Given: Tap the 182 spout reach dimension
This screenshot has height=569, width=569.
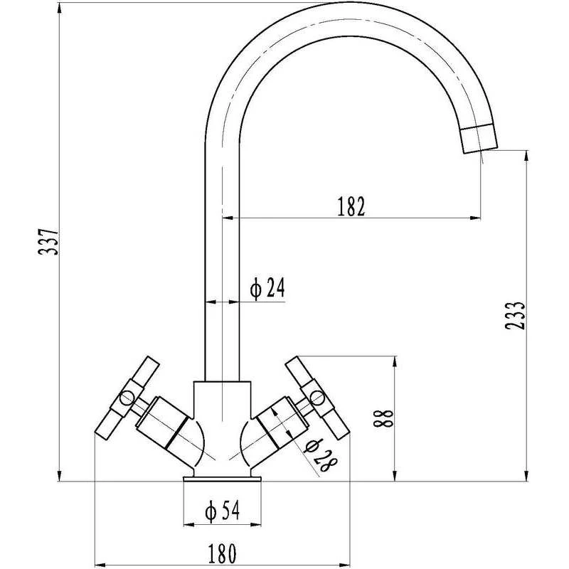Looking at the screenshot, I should click(351, 206).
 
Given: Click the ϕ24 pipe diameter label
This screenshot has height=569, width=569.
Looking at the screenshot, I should click(267, 288).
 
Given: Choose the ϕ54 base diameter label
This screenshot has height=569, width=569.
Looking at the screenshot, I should click(221, 511).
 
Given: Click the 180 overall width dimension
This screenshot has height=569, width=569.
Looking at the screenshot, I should click(222, 550).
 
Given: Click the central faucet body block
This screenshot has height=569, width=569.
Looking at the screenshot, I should click(222, 413).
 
